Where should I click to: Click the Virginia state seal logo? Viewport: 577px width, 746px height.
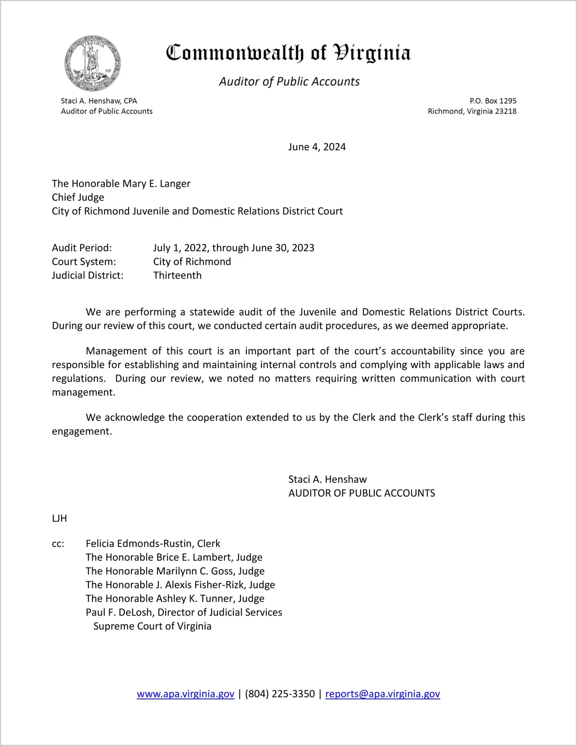click(x=92, y=63)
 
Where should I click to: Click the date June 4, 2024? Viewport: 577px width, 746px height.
click(x=317, y=147)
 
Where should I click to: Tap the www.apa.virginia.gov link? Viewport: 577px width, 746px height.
click(x=185, y=694)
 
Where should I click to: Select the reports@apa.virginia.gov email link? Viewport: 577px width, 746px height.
click(x=382, y=694)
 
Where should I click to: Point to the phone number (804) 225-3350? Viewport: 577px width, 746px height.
click(x=280, y=694)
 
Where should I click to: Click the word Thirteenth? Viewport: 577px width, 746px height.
click(x=177, y=275)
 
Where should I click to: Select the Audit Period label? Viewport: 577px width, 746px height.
click(x=82, y=248)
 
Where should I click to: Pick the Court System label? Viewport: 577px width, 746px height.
click(x=84, y=262)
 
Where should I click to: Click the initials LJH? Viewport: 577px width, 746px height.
click(x=59, y=518)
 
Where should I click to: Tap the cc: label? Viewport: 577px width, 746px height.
click(x=58, y=544)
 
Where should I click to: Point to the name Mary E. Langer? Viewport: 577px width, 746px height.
click(x=156, y=184)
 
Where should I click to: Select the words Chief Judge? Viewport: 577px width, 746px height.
click(x=78, y=197)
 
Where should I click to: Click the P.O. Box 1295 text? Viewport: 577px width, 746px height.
click(x=493, y=101)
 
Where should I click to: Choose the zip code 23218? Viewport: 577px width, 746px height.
click(x=506, y=111)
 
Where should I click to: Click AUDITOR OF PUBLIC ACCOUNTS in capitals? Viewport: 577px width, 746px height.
click(x=361, y=493)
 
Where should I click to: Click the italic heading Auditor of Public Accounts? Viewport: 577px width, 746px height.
click(x=289, y=82)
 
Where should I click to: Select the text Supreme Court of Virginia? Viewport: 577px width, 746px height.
click(x=152, y=626)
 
